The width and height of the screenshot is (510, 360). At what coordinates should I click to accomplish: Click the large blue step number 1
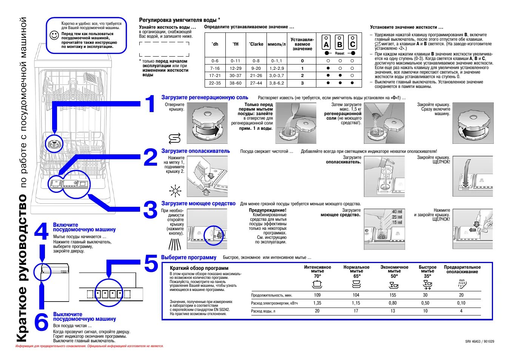pyautogui.click(x=150, y=104)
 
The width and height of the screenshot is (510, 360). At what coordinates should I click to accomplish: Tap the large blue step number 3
pyautogui.click(x=150, y=210)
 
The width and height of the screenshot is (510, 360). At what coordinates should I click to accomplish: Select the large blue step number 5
pyautogui.click(x=151, y=263)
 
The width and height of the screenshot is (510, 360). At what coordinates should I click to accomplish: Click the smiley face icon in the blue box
pyautogui.click(x=54, y=35)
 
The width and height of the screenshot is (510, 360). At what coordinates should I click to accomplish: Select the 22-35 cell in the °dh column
pyautogui.click(x=215, y=83)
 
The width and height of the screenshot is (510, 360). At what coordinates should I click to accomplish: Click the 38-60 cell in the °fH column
pyautogui.click(x=236, y=83)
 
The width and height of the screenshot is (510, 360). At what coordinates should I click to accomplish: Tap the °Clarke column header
pyautogui.click(x=256, y=44)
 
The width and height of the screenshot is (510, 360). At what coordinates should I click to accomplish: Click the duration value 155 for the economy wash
pyautogui.click(x=393, y=295)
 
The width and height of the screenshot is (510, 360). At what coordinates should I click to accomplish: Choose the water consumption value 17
pyautogui.click(x=356, y=311)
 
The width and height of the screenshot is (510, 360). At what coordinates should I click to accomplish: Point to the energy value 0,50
pyautogui.click(x=425, y=303)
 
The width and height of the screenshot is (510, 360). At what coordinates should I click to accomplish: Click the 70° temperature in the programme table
pyautogui.click(x=317, y=276)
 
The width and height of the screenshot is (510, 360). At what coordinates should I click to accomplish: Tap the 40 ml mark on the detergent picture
pyautogui.click(x=397, y=212)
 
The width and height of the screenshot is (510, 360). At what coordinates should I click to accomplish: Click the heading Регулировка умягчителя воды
pyautogui.click(x=179, y=20)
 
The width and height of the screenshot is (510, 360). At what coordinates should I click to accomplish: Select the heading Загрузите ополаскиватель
pyautogui.click(x=196, y=151)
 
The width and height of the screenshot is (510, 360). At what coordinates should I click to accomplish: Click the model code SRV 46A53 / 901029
pyautogui.click(x=479, y=341)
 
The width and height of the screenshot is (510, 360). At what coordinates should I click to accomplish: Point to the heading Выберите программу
pyautogui.click(x=189, y=257)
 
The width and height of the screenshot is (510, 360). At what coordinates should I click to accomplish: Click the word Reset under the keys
pyautogui.click(x=339, y=54)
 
